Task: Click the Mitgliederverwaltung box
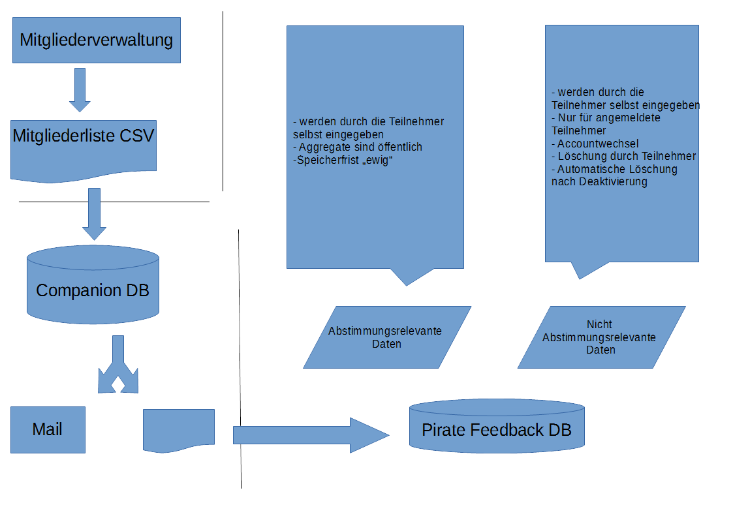point(97,40)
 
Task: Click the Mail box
point(48,430)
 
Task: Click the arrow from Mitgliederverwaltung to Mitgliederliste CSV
point(80,89)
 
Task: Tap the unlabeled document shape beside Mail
point(179,428)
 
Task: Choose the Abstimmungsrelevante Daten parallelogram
point(386,337)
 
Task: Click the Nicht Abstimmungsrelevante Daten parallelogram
point(600,337)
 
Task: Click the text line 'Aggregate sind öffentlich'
point(358,147)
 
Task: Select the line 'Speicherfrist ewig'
point(343,160)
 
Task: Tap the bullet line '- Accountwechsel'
point(595,144)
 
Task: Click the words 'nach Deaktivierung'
point(599,182)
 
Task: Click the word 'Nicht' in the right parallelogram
point(599,324)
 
